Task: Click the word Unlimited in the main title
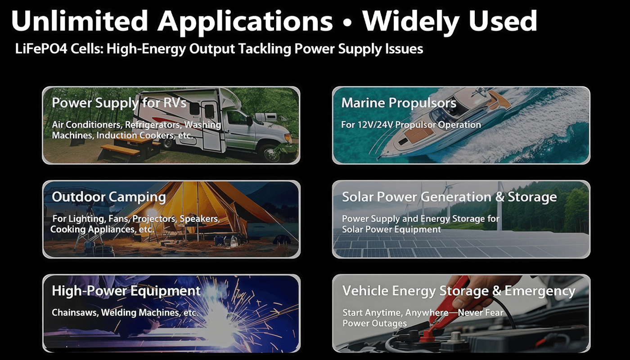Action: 80,21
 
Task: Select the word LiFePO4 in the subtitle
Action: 41,49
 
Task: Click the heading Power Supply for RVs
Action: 119,103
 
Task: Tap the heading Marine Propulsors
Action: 399,103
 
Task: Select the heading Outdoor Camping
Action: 109,197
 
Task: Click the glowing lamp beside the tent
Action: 152,212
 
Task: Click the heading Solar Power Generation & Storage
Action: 449,197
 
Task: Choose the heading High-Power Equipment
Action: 126,291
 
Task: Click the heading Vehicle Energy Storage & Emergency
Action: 459,291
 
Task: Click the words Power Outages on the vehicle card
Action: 374,324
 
